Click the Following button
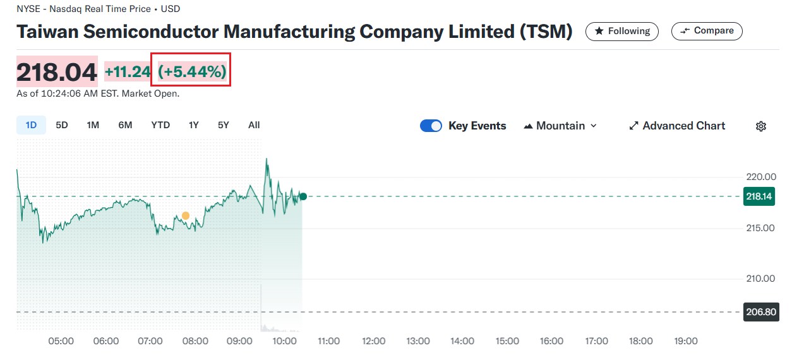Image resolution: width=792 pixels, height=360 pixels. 621,31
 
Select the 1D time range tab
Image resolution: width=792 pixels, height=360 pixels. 31,125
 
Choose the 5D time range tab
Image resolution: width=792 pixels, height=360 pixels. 62,125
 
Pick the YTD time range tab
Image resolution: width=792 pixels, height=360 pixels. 160,125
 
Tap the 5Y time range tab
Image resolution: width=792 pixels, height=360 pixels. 224,125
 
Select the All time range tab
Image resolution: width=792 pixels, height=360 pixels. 254,125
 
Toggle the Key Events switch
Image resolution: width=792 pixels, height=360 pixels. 431,126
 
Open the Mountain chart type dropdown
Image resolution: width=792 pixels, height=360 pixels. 560,126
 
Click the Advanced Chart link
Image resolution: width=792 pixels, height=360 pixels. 677,126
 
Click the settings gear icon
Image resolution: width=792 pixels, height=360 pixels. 761,126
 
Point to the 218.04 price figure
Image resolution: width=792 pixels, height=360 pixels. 57,72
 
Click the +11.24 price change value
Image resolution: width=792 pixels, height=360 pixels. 128,72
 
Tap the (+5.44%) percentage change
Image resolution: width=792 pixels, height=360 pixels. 192,72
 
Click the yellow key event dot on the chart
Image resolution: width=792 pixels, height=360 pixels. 186,216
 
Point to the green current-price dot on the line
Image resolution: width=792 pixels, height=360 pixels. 303,196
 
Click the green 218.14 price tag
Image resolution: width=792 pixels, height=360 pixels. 759,196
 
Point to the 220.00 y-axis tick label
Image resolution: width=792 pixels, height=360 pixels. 760,177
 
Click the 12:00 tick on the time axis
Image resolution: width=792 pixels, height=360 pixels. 373,341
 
